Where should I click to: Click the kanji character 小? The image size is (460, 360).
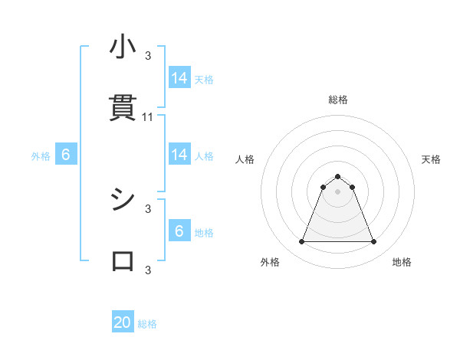click(123, 47)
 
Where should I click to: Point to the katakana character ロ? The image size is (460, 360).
click(123, 260)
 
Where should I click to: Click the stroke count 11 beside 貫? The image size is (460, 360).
click(149, 117)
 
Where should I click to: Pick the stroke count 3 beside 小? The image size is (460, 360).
click(148, 55)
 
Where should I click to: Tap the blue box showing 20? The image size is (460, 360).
click(123, 322)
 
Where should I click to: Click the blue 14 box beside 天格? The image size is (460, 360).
click(179, 78)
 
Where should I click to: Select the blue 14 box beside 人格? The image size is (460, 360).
click(179, 155)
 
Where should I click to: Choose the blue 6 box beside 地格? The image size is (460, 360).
click(179, 231)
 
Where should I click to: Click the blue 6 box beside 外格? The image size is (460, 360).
click(66, 155)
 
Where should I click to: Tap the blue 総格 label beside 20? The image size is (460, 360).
click(147, 324)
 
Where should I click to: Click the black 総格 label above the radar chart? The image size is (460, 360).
click(338, 100)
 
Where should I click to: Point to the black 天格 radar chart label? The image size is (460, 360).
click(431, 159)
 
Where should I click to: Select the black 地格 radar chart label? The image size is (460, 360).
click(402, 262)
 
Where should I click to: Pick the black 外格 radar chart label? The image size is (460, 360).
click(270, 262)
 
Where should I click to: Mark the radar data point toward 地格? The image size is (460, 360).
click(373, 242)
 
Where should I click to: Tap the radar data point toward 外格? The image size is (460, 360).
click(301, 242)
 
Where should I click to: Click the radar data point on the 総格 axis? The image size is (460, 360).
click(338, 176)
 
